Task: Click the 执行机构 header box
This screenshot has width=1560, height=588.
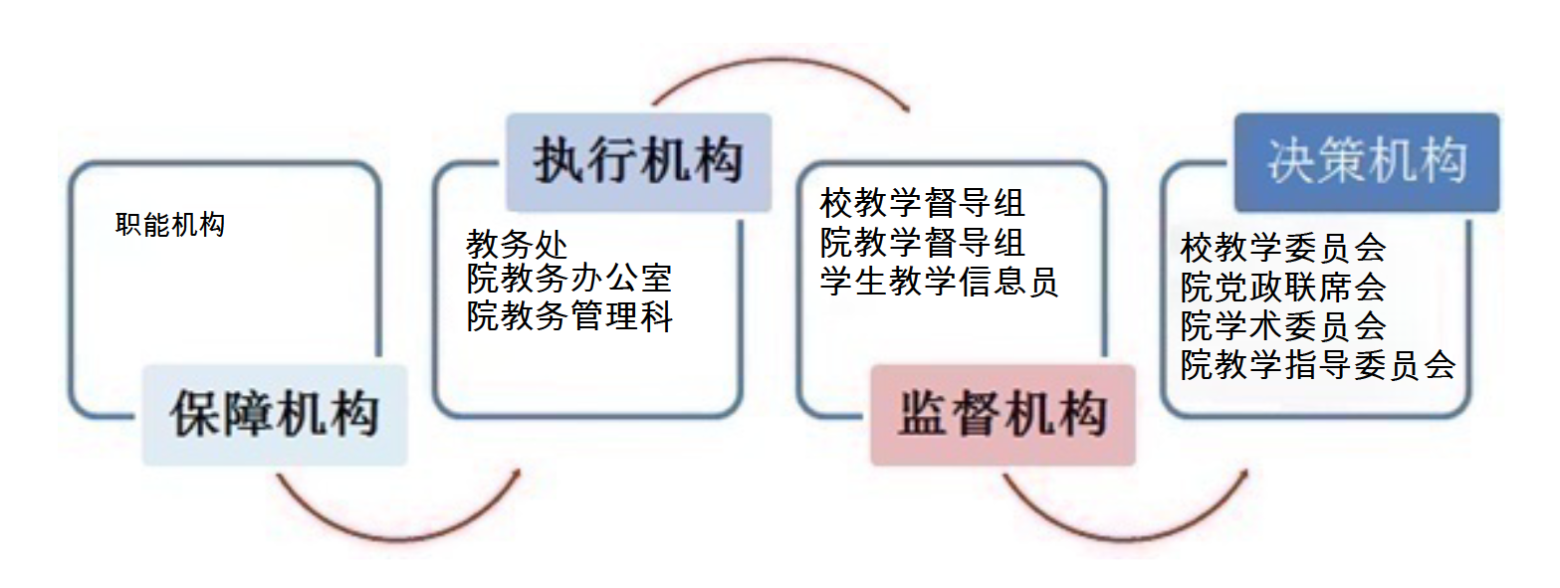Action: [638, 162]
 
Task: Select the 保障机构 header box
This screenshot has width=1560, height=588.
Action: [275, 415]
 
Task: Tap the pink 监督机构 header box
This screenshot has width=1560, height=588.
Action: [1003, 415]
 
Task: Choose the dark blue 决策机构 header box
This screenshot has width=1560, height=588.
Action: [1367, 162]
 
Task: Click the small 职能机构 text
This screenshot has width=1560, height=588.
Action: [170, 225]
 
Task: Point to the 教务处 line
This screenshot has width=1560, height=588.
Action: [517, 244]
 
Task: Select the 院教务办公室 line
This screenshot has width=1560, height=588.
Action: [569, 279]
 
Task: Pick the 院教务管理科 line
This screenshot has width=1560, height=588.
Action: [569, 316]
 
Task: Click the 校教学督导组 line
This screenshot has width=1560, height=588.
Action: [923, 203]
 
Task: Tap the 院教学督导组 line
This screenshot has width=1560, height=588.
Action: [923, 242]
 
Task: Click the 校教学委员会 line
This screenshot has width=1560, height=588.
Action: [1283, 247]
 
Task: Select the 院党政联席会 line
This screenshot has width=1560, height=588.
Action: [1283, 287]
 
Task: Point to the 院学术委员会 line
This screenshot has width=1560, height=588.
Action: [1283, 325]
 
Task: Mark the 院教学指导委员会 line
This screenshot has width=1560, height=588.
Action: [1318, 364]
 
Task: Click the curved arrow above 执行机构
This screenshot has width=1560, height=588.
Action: [780, 63]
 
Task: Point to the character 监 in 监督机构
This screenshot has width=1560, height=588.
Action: [924, 414]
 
